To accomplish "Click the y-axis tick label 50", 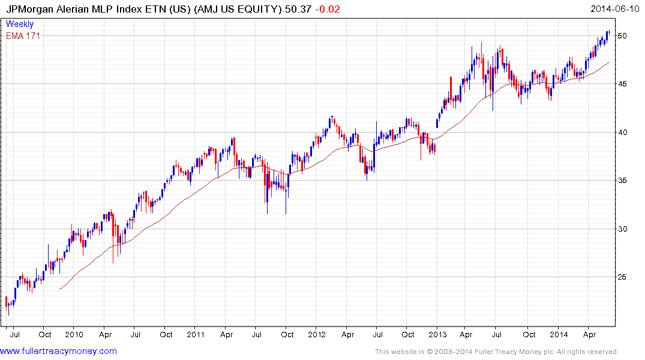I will [623, 36].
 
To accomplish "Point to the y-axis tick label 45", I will [623, 84].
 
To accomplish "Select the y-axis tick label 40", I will [623, 133].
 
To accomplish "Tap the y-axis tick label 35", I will [623, 181].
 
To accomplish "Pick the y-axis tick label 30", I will [623, 229].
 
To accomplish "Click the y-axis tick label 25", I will [623, 277].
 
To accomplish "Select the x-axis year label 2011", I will [195, 335].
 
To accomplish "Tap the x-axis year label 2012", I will [316, 335].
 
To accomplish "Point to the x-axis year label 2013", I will [437, 335].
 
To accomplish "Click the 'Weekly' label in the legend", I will [20, 25].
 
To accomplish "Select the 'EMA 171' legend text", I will [23, 36].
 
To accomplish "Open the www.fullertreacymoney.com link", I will [59, 352].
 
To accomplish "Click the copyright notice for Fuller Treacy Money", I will [496, 352].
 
